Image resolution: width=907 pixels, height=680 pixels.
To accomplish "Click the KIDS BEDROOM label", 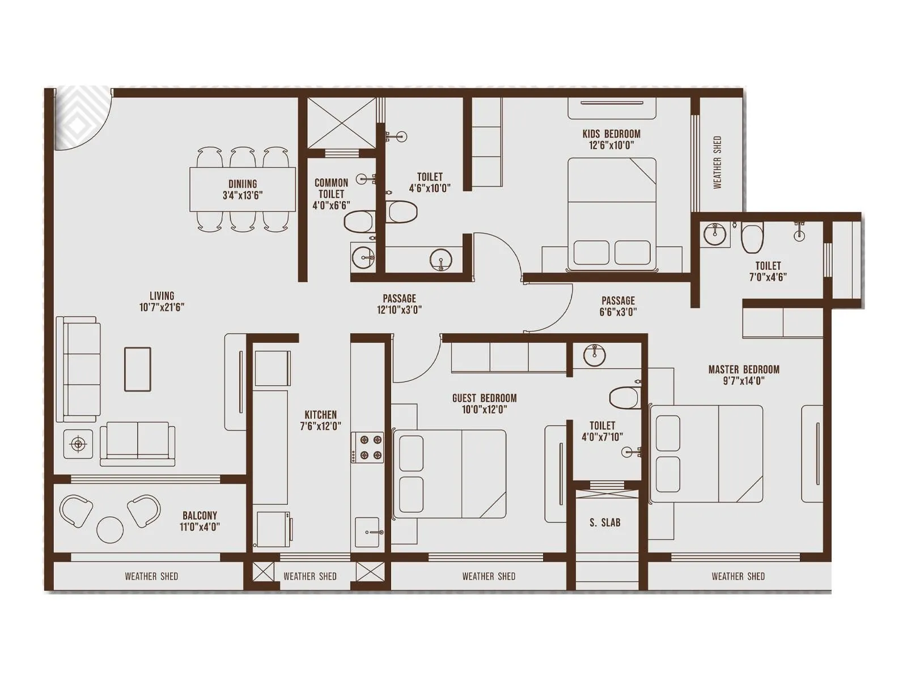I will click(x=611, y=134).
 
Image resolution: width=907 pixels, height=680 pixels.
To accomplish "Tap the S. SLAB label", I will click(x=605, y=522).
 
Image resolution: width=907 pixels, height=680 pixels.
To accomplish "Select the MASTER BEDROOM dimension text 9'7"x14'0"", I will click(x=744, y=381).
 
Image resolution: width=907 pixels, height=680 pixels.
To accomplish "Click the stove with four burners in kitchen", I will click(x=367, y=448).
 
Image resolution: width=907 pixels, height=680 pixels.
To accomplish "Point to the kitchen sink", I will click(x=367, y=532).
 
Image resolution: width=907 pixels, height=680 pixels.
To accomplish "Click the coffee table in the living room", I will click(x=138, y=369).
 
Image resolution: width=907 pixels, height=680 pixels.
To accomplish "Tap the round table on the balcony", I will click(x=110, y=529).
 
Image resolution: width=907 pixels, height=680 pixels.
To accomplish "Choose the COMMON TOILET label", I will click(x=331, y=188).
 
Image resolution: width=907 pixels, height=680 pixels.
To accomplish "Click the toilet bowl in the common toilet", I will click(x=359, y=221).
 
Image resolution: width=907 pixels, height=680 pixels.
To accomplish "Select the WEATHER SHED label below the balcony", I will click(x=151, y=576).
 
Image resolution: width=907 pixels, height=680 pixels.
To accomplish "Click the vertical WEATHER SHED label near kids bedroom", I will click(x=717, y=162).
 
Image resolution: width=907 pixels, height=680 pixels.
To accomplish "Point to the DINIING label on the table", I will click(x=243, y=184).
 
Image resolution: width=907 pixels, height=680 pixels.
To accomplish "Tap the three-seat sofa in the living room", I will click(x=78, y=369).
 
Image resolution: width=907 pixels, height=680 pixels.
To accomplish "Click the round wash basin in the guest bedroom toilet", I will click(x=594, y=356).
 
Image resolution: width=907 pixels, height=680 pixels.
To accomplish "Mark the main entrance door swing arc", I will click(x=85, y=120).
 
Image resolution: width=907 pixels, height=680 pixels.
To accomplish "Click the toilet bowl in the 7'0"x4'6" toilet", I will click(x=752, y=239).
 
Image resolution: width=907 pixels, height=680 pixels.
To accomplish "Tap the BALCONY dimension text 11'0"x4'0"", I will click(x=200, y=527).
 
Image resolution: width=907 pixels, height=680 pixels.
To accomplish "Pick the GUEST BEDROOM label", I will click(x=484, y=398).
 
